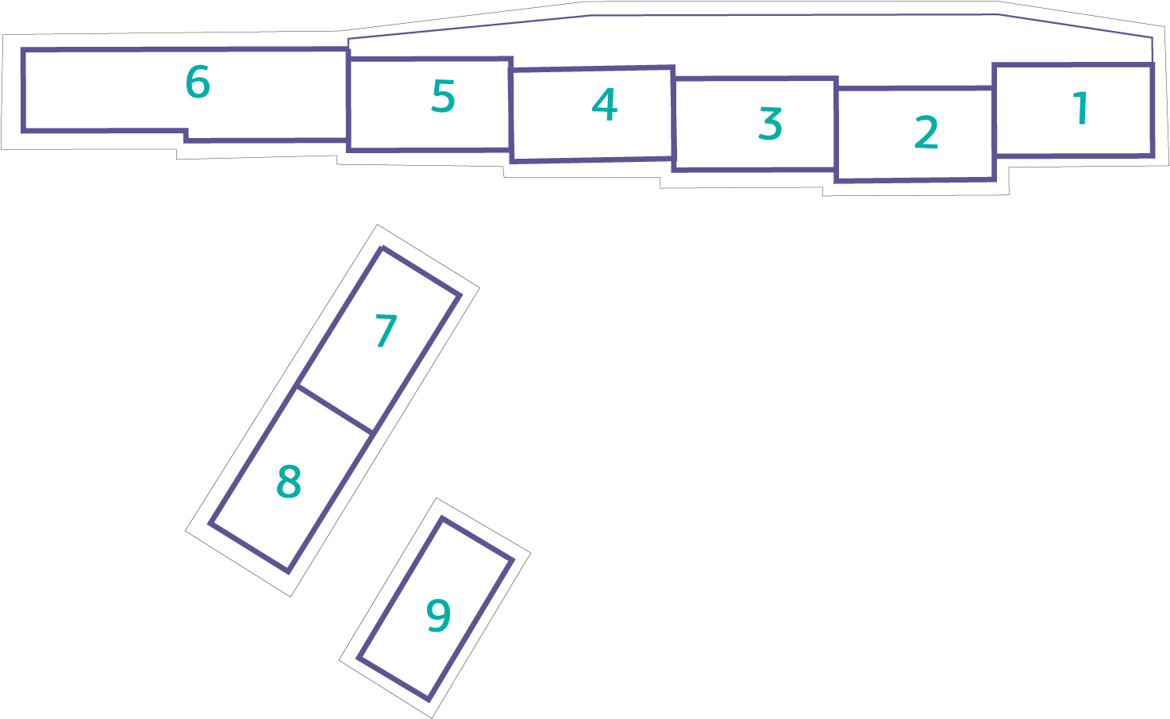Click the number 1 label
point(1080,109)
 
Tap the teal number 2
point(926,133)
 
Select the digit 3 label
point(771,124)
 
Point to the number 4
point(604,105)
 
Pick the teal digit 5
point(443,96)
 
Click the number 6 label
point(198,82)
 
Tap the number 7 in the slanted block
point(387,330)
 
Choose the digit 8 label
point(289,482)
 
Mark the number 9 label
point(438,616)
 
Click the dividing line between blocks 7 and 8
point(335,409)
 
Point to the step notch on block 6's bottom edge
point(186,136)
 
